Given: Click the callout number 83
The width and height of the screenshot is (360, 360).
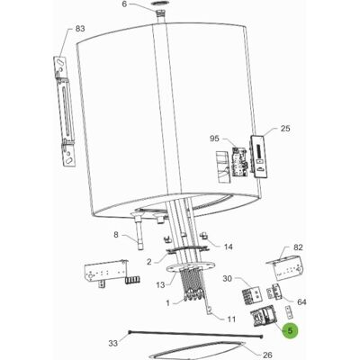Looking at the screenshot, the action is point(80,29).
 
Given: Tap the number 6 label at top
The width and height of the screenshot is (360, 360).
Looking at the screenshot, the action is point(124,4).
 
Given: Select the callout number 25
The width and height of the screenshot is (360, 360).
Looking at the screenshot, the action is point(285,129).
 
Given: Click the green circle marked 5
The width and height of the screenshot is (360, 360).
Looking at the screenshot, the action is point(290,330).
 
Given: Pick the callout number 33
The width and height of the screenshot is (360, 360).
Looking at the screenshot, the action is point(112,343).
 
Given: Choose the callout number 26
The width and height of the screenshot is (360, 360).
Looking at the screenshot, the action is point(266,355).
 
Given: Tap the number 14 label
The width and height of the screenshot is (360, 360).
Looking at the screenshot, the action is point(229,247).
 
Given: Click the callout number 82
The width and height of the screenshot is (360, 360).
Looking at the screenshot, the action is point(298,247).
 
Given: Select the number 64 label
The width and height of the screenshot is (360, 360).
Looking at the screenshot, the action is point(301,301).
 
